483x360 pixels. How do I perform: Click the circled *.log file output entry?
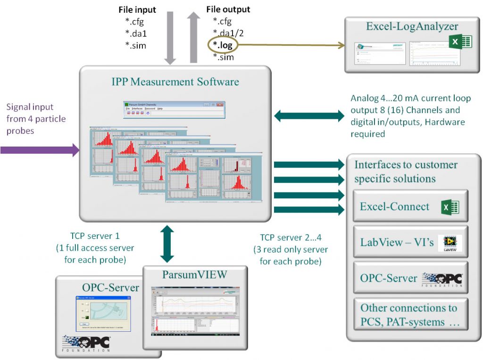pyautogui.click(x=223, y=45)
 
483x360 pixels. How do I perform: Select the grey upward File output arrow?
pyautogui.click(x=193, y=38)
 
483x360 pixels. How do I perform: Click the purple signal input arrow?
pyautogui.click(x=40, y=150)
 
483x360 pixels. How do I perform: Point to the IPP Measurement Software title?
pyautogui.click(x=175, y=82)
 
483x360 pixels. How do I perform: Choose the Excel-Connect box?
pyautogui.click(x=410, y=206)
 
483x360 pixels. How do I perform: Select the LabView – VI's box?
pyautogui.click(x=410, y=243)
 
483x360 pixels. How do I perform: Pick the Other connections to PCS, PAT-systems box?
pyautogui.click(x=410, y=315)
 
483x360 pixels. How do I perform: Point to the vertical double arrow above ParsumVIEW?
pyautogui.click(x=167, y=244)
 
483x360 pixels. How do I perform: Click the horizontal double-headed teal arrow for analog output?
pyautogui.click(x=309, y=115)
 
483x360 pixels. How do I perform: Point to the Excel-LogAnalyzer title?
pyautogui.click(x=412, y=26)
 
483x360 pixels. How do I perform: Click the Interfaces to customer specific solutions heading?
pyautogui.click(x=406, y=172)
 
